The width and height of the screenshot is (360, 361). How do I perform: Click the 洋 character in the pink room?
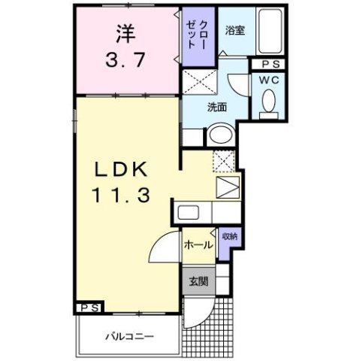126,34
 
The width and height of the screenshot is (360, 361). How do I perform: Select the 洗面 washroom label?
216,107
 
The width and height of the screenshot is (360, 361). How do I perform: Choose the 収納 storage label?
229,236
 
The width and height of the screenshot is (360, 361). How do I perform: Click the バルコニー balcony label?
129,335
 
